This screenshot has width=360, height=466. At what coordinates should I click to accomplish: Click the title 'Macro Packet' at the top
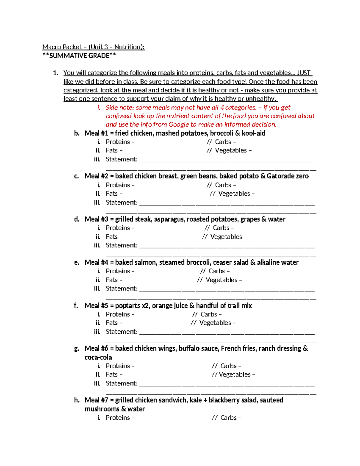(x=62, y=47)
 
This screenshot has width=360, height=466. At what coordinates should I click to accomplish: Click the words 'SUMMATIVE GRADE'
(x=79, y=56)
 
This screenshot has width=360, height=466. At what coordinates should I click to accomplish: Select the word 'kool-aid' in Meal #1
(x=253, y=133)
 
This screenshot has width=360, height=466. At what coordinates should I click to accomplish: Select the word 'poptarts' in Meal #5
(x=127, y=306)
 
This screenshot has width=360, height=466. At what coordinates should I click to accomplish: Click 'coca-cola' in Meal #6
(x=98, y=357)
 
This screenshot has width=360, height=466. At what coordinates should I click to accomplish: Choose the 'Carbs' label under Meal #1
(x=223, y=142)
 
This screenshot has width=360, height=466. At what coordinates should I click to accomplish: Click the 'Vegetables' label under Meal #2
(x=234, y=194)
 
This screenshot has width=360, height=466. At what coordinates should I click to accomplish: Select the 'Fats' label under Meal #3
(x=112, y=237)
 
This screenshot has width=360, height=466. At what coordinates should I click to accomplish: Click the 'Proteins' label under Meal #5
(x=118, y=314)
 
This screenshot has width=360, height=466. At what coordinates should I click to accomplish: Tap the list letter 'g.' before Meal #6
(x=76, y=349)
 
